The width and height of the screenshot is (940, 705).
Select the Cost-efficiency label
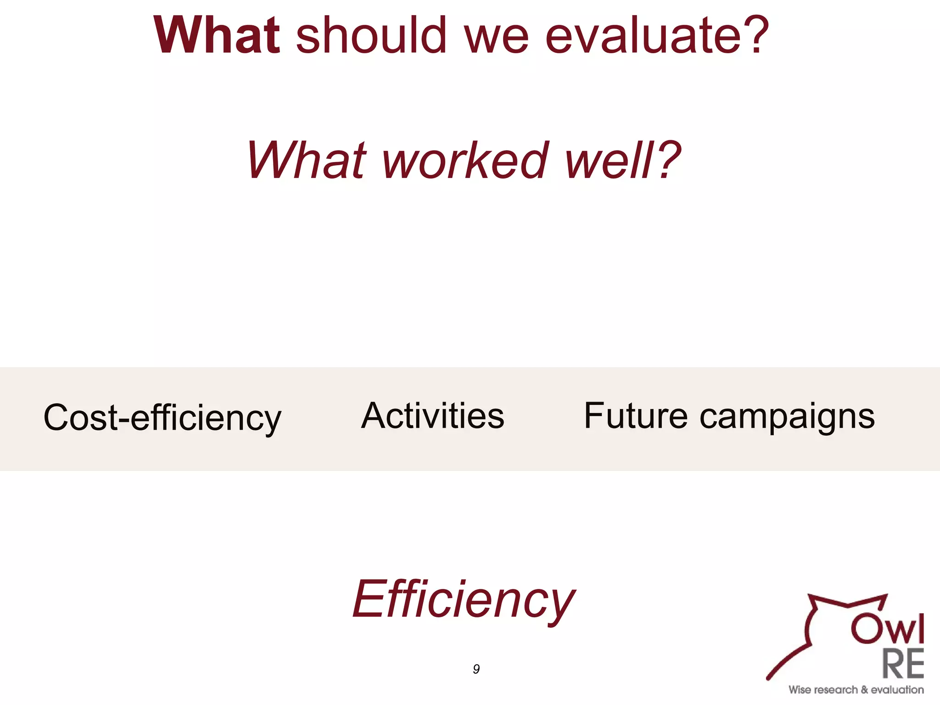tap(162, 418)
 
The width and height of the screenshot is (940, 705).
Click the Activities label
tap(432, 415)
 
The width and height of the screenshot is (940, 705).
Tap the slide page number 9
tap(476, 669)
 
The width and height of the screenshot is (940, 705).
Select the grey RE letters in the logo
tap(903, 664)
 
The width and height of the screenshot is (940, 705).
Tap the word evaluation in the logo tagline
tap(897, 690)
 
